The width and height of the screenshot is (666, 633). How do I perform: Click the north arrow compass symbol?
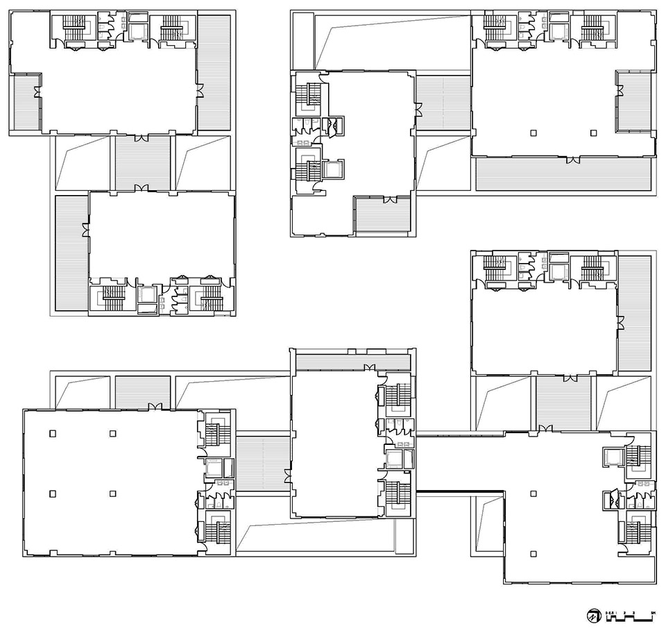pyautogui.click(x=594, y=615)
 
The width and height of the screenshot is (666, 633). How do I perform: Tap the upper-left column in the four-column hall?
pyautogui.click(x=52, y=433)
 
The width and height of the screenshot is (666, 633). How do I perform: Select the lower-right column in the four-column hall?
pyautogui.click(x=112, y=493)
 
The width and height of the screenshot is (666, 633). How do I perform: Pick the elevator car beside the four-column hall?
pyautogui.click(x=213, y=467)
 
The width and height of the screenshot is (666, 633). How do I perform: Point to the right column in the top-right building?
pyautogui.click(x=593, y=133)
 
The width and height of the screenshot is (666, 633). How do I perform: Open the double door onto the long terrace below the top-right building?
pyautogui.click(x=572, y=160)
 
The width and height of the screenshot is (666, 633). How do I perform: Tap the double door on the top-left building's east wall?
pyautogui.click(x=199, y=91)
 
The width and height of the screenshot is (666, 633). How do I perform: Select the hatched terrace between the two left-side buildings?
pyautogui.click(x=142, y=162)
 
